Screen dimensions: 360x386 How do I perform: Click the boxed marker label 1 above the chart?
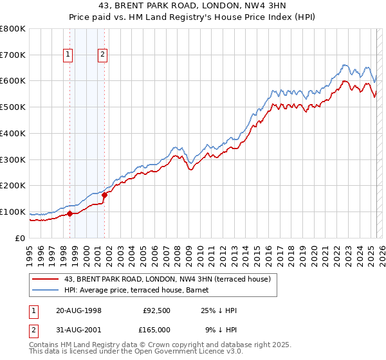[68, 55]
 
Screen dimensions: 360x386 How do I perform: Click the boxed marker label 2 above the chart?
[102, 55]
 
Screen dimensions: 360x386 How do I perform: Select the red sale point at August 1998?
[69, 214]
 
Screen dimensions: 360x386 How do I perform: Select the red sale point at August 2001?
[104, 195]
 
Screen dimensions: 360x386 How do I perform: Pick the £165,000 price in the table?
[156, 330]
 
